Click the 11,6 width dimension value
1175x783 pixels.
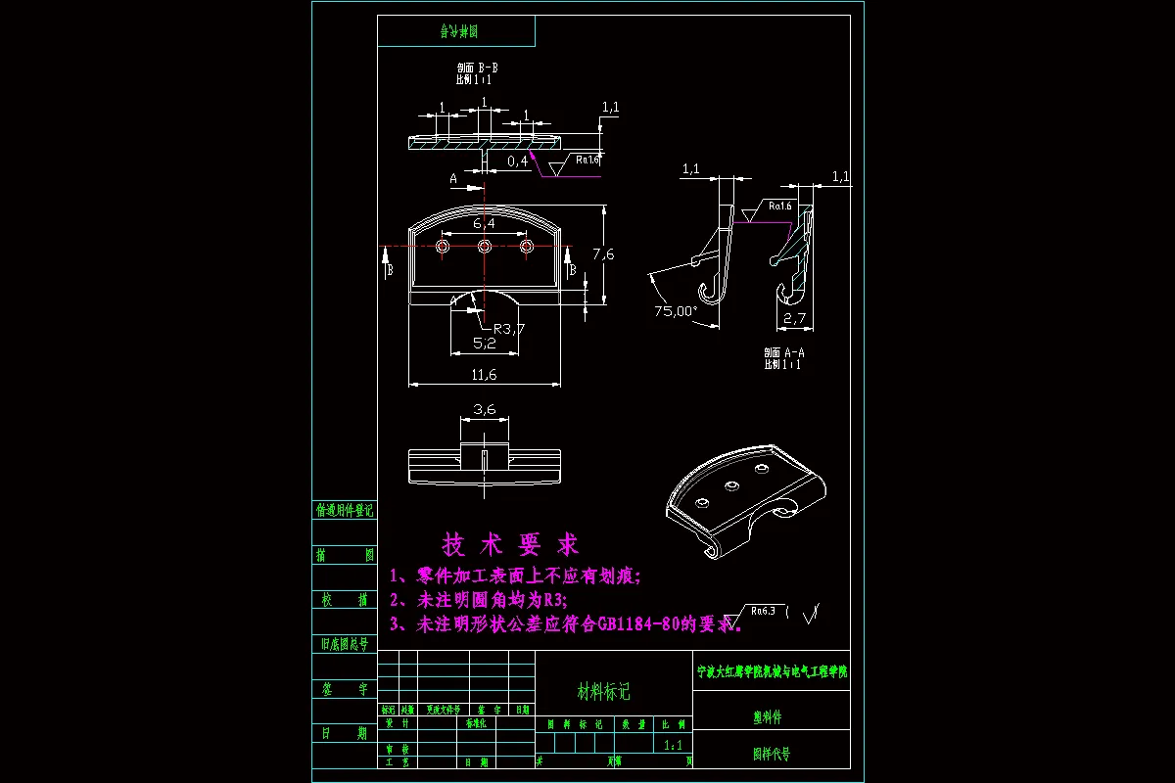(x=484, y=375)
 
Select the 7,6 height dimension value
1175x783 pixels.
(x=604, y=253)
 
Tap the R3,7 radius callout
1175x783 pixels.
(x=509, y=328)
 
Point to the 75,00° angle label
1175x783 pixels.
(x=676, y=311)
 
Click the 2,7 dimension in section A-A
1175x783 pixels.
(x=794, y=318)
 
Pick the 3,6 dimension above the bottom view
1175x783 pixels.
(x=484, y=410)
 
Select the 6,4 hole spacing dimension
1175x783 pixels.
(x=484, y=224)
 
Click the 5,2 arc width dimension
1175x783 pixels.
(x=484, y=343)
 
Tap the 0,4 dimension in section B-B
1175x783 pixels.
(x=517, y=160)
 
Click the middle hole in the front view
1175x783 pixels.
(x=484, y=247)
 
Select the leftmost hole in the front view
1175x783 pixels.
(x=443, y=247)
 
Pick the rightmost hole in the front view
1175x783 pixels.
(x=526, y=247)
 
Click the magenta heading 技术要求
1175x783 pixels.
(x=510, y=544)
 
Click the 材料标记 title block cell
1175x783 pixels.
(x=604, y=692)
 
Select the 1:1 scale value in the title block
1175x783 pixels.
(x=674, y=746)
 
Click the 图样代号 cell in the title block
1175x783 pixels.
(x=771, y=755)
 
